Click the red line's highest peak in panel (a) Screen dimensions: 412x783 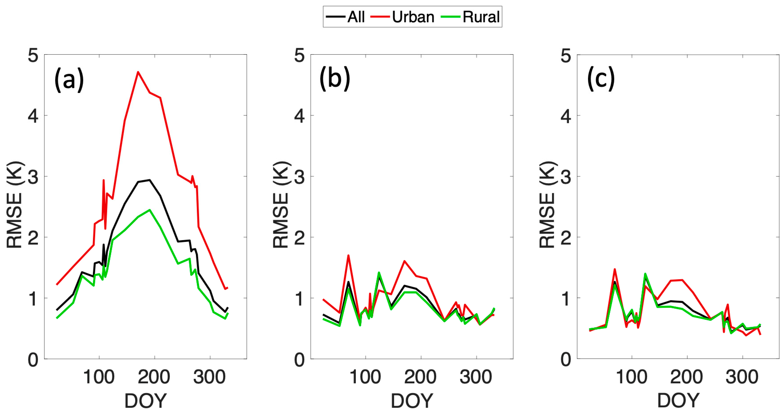click(x=138, y=72)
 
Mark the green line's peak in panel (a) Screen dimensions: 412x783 click(x=150, y=210)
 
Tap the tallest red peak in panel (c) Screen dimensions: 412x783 click(x=615, y=269)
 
